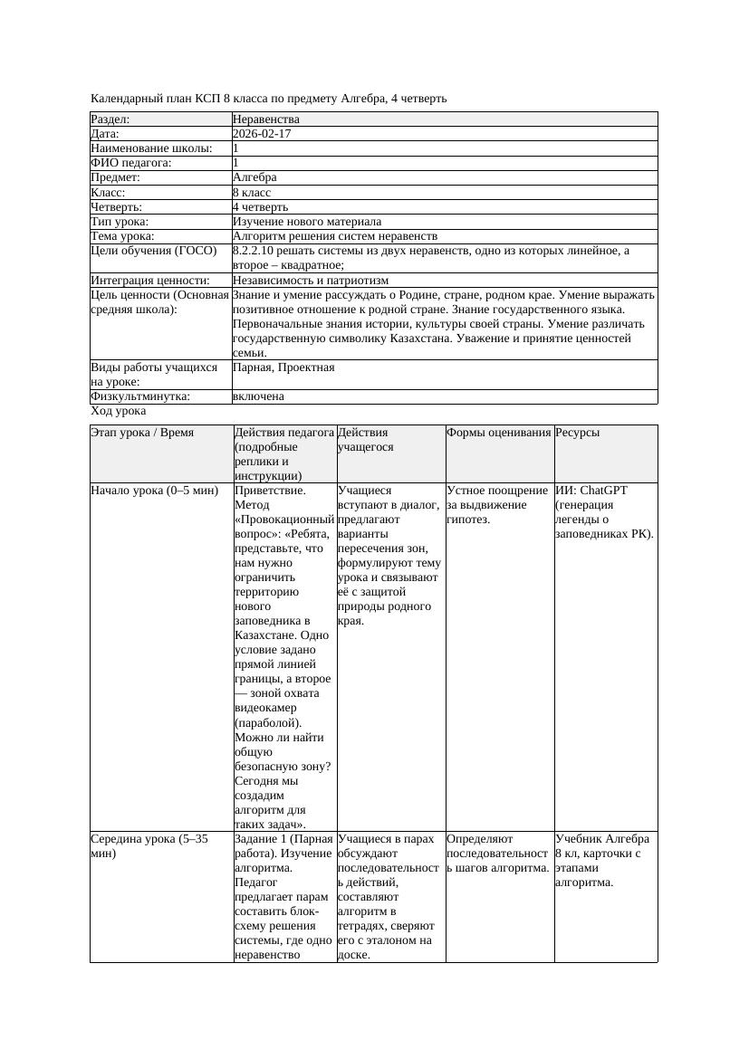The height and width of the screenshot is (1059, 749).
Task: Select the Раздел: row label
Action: point(110,119)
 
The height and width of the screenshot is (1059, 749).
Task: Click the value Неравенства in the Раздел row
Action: point(266,119)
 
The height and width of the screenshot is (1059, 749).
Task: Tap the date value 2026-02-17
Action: point(262,134)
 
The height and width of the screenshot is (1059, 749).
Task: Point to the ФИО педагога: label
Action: point(131,163)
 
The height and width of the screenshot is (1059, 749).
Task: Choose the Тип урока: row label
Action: point(120,222)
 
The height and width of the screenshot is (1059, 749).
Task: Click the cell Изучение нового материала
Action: point(307,222)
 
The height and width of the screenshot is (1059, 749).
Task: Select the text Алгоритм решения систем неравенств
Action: point(335,236)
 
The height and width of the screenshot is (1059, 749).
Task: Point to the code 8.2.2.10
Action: point(256,251)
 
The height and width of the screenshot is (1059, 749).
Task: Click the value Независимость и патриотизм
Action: point(311,281)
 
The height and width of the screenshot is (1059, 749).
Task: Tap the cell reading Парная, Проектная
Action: point(283,367)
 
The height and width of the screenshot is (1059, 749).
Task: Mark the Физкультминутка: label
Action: point(140,396)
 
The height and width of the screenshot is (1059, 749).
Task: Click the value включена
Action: point(258,396)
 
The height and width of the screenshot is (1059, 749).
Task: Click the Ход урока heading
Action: point(118,411)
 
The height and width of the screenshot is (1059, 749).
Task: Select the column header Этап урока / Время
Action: point(142,434)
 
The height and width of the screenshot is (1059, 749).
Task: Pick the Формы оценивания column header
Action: point(499,434)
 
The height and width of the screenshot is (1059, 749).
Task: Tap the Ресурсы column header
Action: point(578,434)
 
